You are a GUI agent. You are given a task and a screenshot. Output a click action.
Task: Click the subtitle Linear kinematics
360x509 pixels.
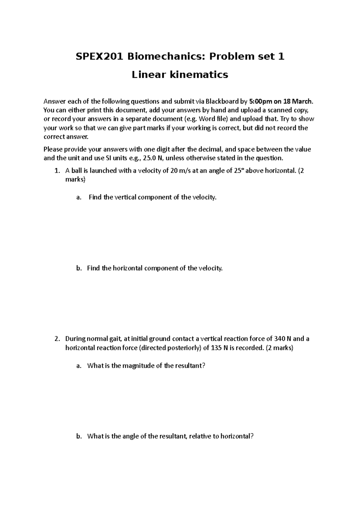pyautogui.click(x=180, y=74)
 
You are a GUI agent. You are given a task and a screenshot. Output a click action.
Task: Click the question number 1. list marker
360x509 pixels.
pyautogui.click(x=57, y=171)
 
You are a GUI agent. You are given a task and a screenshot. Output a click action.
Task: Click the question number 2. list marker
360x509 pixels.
pyautogui.click(x=57, y=339)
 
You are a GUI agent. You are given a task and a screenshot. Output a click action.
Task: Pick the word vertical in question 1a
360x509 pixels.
pyautogui.click(x=124, y=198)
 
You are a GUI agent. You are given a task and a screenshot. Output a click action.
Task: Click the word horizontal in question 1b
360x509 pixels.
pyautogui.click(x=128, y=268)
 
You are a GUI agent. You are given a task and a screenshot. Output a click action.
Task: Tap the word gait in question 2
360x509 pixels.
pyautogui.click(x=115, y=339)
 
